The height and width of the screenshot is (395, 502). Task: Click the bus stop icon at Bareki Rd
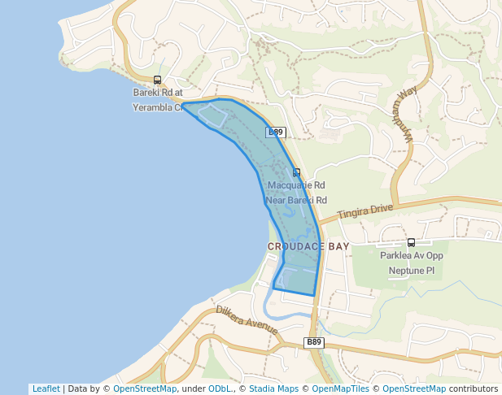[x=157, y=80]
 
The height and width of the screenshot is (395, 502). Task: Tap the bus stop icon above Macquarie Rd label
[x=296, y=172]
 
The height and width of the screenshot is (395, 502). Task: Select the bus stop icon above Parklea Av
[x=411, y=242]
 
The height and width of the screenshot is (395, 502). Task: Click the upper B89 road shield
[x=276, y=132]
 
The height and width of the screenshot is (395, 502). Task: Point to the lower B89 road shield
[x=314, y=342]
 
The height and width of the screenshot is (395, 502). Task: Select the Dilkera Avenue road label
[x=247, y=320]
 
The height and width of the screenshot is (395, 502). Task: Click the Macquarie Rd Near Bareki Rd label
[x=297, y=193]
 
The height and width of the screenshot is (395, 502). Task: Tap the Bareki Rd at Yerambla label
[x=157, y=99]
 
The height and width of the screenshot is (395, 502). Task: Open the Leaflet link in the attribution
[x=46, y=388]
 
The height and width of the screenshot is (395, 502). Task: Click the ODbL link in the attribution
[x=219, y=388]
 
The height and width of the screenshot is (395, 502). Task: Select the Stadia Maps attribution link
[x=273, y=388]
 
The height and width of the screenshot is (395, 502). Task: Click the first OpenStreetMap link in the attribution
[x=144, y=388]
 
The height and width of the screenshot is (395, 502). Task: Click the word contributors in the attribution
[x=473, y=388]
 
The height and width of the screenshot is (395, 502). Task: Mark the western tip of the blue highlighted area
[x=181, y=104]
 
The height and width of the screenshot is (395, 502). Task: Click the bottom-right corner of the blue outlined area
[x=314, y=295]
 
